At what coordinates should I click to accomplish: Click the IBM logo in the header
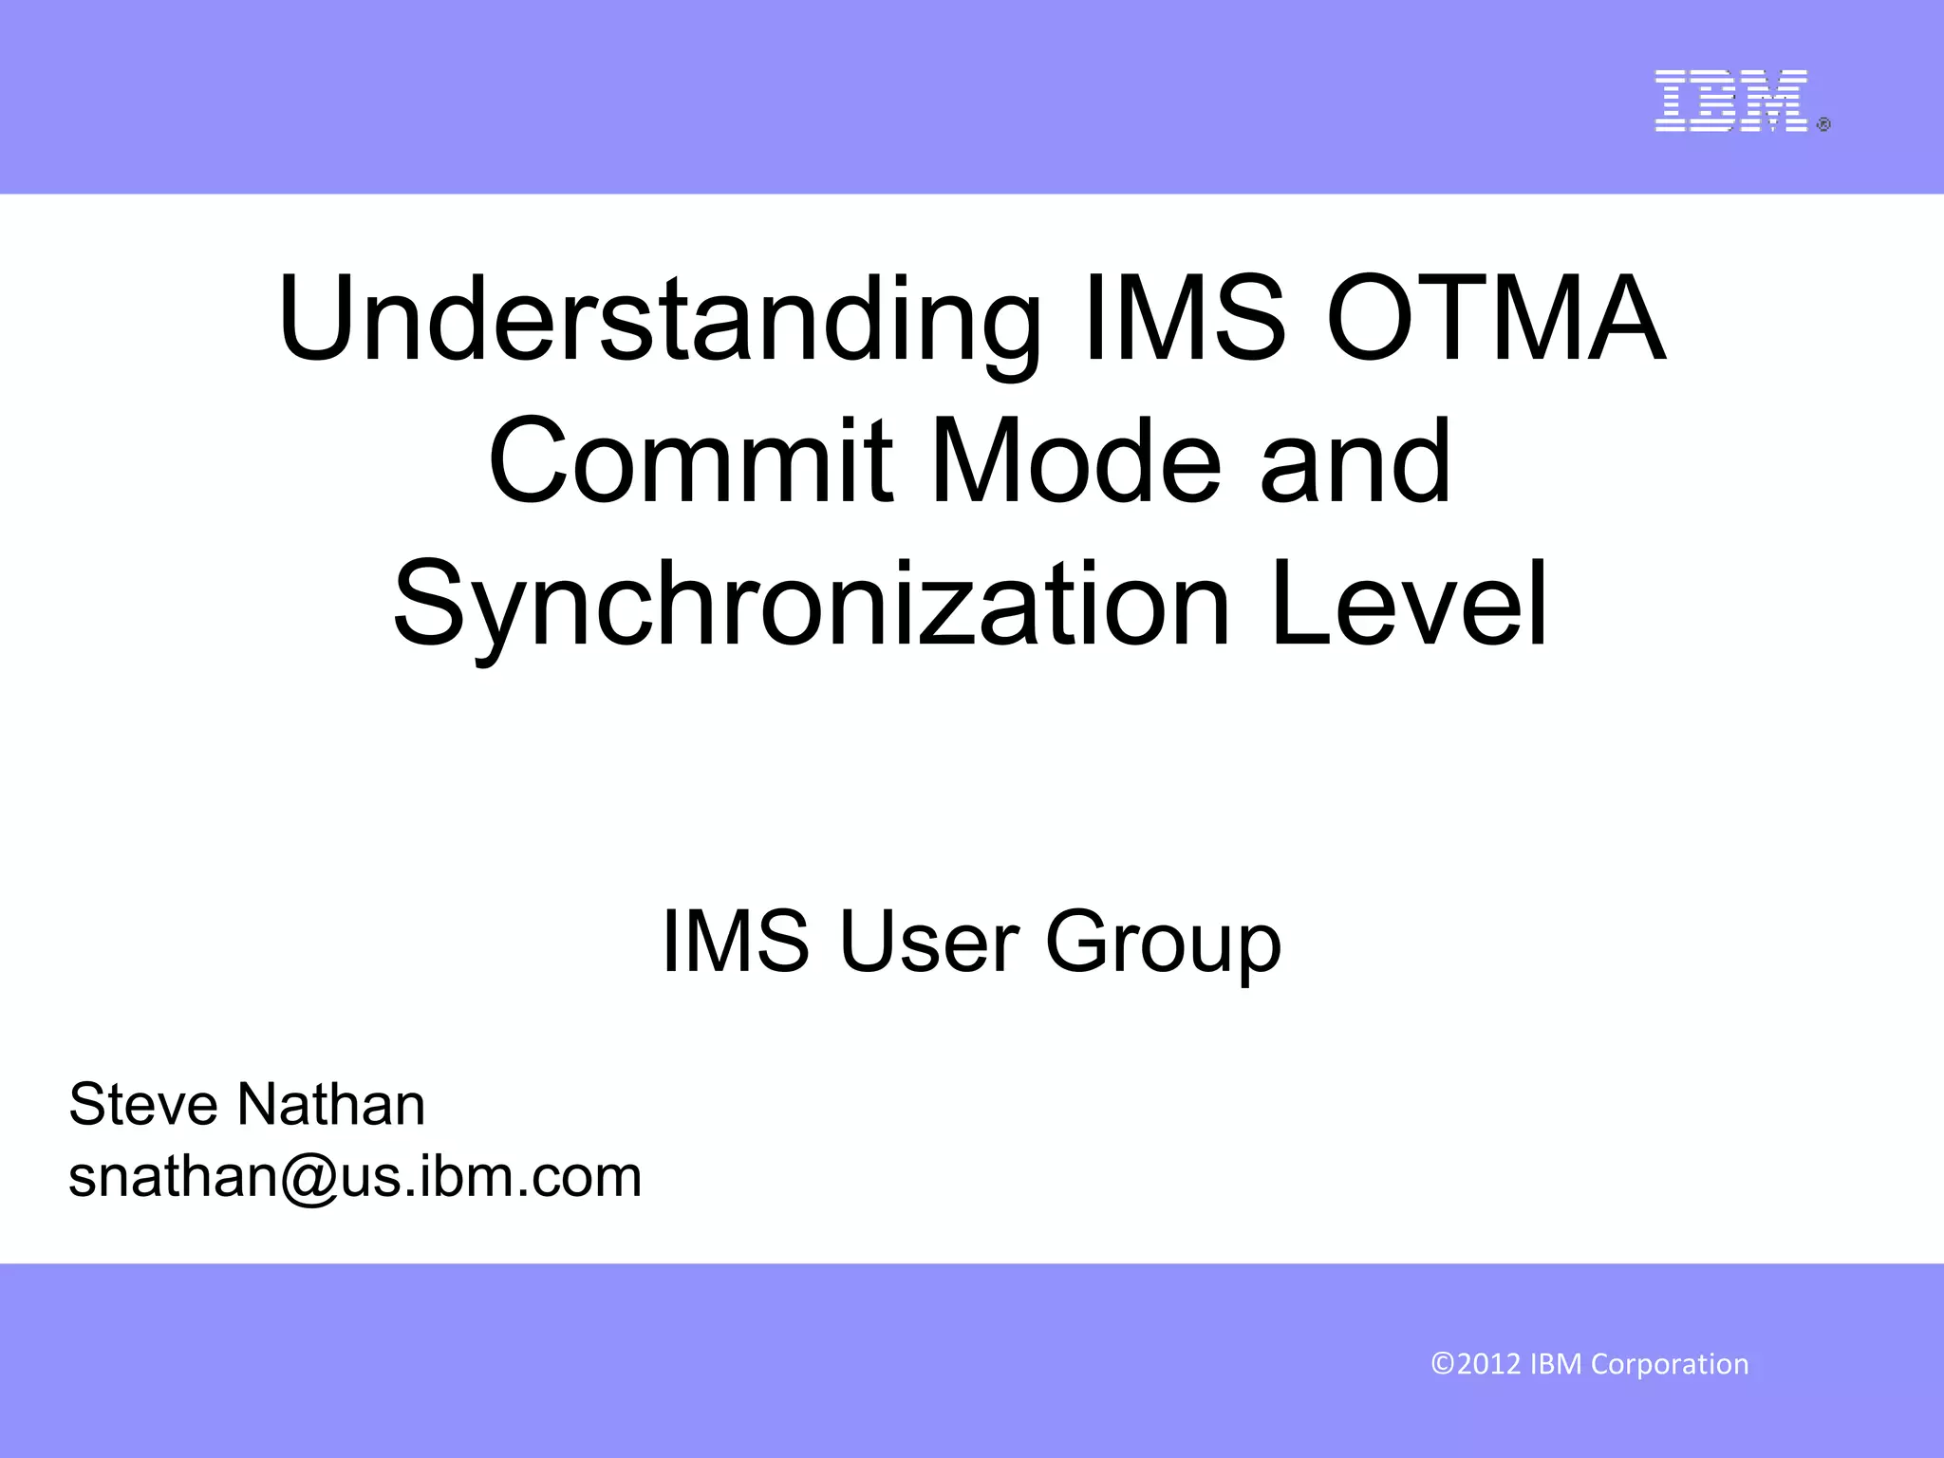click(x=1730, y=101)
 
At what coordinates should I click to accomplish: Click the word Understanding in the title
click(x=658, y=320)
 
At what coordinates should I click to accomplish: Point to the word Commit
click(x=690, y=461)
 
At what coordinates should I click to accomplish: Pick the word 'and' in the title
click(x=1355, y=461)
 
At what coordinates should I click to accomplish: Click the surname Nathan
click(x=330, y=1105)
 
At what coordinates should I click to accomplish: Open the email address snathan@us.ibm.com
click(x=355, y=1178)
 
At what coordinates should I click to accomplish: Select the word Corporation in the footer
click(x=1670, y=1365)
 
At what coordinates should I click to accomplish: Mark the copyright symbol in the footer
click(x=1443, y=1364)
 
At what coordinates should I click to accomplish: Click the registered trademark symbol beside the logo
click(x=1823, y=124)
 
